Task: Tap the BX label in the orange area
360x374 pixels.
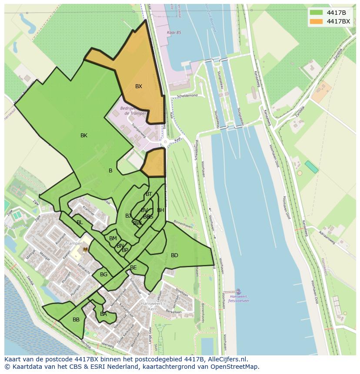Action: click(x=138, y=86)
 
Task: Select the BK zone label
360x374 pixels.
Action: click(x=84, y=136)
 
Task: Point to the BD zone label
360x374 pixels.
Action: click(x=174, y=255)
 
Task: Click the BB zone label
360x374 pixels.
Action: click(x=76, y=320)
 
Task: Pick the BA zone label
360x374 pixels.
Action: click(x=103, y=314)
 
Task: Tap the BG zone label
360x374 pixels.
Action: click(x=103, y=275)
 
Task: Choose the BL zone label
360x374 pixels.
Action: click(x=80, y=222)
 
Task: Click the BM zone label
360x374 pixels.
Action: click(x=113, y=238)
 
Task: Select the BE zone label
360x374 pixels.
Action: click(x=133, y=268)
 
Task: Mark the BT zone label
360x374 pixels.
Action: click(x=149, y=194)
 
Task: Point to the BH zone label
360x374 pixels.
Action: click(x=160, y=210)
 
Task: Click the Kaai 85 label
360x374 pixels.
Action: click(x=174, y=33)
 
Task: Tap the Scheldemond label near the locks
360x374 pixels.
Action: click(x=187, y=96)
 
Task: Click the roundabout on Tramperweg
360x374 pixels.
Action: click(x=165, y=142)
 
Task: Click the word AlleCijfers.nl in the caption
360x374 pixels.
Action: click(x=226, y=359)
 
